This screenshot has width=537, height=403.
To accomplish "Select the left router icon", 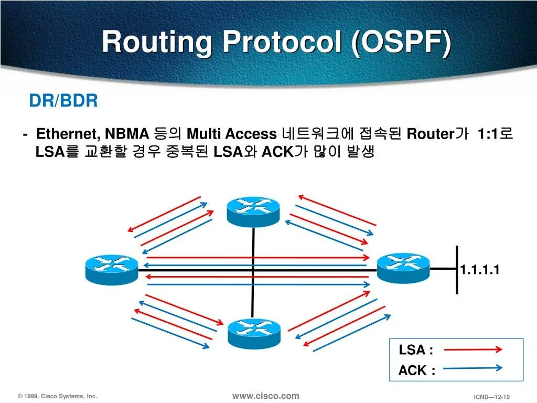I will click(x=112, y=269).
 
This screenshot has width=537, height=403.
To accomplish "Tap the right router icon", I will click(x=403, y=268).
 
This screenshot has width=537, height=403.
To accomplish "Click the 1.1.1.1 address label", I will click(x=480, y=270).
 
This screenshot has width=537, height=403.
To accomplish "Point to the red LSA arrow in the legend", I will click(x=474, y=349).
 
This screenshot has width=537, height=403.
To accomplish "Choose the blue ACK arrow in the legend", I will click(x=474, y=368).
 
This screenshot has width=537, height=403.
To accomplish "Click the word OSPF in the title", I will click(x=403, y=42).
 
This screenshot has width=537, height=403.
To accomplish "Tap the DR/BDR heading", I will click(x=63, y=101).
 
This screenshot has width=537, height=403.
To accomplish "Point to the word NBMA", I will click(x=128, y=134).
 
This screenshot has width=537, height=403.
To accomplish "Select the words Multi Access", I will click(x=231, y=134).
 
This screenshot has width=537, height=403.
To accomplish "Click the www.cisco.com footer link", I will click(x=265, y=396).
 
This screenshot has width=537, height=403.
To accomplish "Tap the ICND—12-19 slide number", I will click(x=492, y=397).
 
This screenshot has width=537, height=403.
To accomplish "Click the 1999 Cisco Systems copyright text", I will click(x=57, y=397).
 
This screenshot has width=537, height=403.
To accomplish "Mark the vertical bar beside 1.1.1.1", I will click(x=457, y=270).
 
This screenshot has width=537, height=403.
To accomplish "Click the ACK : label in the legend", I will click(x=416, y=370).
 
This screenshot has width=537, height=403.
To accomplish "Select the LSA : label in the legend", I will click(x=416, y=350).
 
